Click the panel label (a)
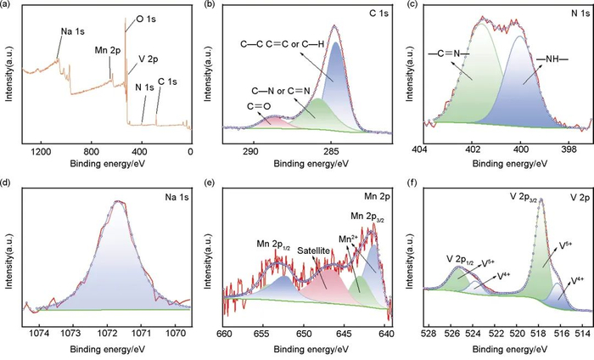(x=8, y=6)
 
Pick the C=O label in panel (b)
(x=258, y=105)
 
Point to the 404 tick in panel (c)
(x=419, y=151)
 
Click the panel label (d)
(x=8, y=184)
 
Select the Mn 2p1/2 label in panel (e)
(x=275, y=245)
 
